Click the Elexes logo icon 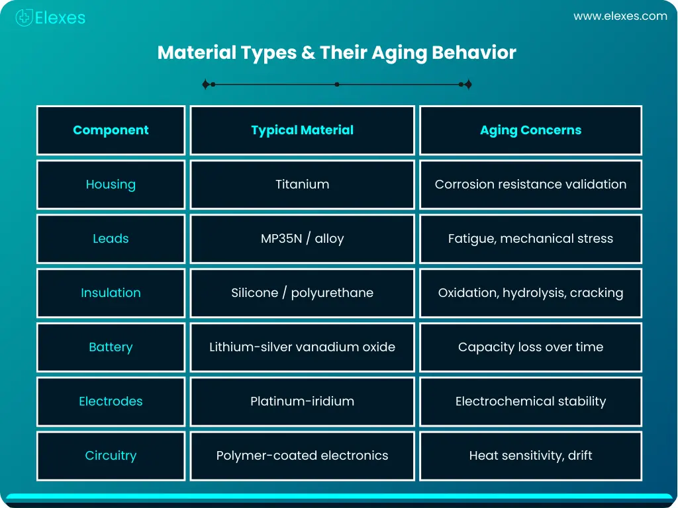pyautogui.click(x=24, y=18)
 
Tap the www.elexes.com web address pyautogui.click(x=620, y=17)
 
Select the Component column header pyautogui.click(x=111, y=130)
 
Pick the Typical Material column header pyautogui.click(x=302, y=130)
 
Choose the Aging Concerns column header pyautogui.click(x=530, y=130)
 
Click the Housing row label pyautogui.click(x=111, y=185)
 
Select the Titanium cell pyautogui.click(x=302, y=185)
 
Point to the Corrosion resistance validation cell pyautogui.click(x=530, y=185)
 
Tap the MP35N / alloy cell pyautogui.click(x=302, y=239)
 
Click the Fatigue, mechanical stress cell pyautogui.click(x=530, y=239)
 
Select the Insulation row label pyautogui.click(x=111, y=293)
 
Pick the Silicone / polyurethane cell pyautogui.click(x=302, y=293)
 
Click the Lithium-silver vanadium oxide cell pyautogui.click(x=302, y=347)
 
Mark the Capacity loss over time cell pyautogui.click(x=530, y=347)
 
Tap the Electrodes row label pyautogui.click(x=111, y=402)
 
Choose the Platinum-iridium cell pyautogui.click(x=302, y=402)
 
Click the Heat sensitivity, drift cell pyautogui.click(x=530, y=456)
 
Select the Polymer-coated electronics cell pyautogui.click(x=302, y=456)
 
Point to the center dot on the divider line pyautogui.click(x=337, y=85)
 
